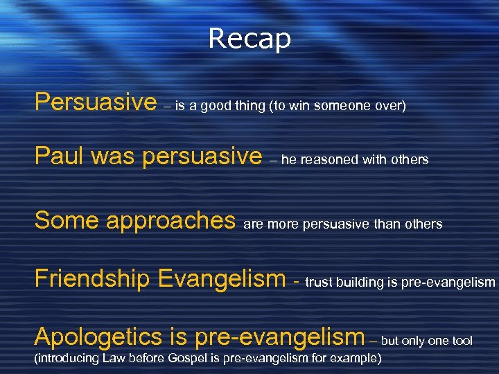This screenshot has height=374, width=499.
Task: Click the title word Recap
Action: pyautogui.click(x=249, y=39)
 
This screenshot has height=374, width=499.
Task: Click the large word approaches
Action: pyautogui.click(x=170, y=222)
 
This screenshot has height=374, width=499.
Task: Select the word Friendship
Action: pyautogui.click(x=92, y=278)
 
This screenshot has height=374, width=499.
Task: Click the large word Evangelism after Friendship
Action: pyautogui.click(x=222, y=279)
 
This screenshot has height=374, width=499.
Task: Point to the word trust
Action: pyautogui.click(x=318, y=282)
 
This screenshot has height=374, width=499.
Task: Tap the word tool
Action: pyautogui.click(x=462, y=340)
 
